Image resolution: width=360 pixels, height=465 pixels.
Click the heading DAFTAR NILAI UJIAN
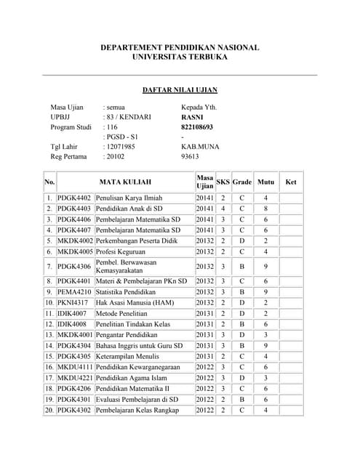point(180,90)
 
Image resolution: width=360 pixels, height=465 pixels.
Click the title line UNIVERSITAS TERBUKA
point(180,57)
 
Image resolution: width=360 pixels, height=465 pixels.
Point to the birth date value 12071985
point(120,146)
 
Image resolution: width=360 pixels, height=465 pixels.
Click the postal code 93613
point(190,156)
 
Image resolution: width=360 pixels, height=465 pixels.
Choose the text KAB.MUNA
point(198,146)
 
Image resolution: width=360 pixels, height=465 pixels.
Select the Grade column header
point(242,182)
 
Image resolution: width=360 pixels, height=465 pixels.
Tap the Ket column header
point(291,182)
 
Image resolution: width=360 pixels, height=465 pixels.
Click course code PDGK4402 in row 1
point(75,198)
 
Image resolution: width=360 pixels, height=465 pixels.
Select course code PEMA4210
point(75,292)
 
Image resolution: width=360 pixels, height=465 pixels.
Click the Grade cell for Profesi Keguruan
point(242,251)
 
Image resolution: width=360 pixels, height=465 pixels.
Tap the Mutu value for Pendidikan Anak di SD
point(266,209)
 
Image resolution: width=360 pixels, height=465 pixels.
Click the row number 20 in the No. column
point(49,411)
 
